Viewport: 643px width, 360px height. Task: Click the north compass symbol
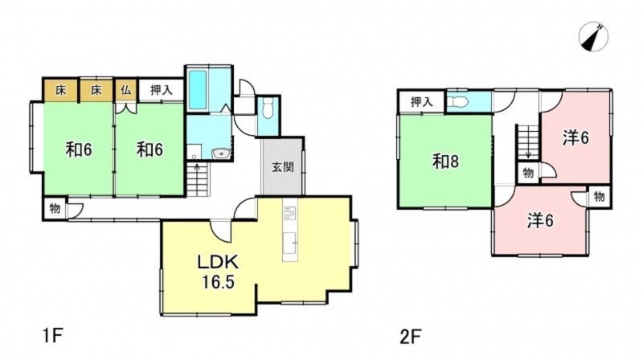(593, 37)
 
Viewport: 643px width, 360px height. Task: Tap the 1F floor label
(52, 337)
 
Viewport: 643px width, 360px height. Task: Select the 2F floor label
(411, 337)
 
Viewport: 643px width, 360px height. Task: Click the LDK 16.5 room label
(218, 272)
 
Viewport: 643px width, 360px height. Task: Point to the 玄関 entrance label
(283, 167)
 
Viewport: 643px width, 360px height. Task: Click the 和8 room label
(446, 162)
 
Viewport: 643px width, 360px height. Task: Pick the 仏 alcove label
(126, 90)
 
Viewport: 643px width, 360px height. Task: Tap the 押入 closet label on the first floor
(162, 90)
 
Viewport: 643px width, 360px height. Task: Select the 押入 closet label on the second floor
(421, 102)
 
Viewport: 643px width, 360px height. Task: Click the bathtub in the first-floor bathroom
(198, 90)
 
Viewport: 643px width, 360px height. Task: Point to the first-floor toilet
(268, 108)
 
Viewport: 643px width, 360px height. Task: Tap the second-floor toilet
(457, 101)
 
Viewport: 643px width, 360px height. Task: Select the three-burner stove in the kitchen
(290, 214)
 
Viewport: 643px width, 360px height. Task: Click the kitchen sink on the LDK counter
(290, 243)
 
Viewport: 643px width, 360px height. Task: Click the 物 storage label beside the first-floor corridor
(55, 209)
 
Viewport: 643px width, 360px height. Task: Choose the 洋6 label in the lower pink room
(540, 221)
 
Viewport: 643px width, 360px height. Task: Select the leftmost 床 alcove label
(61, 90)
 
